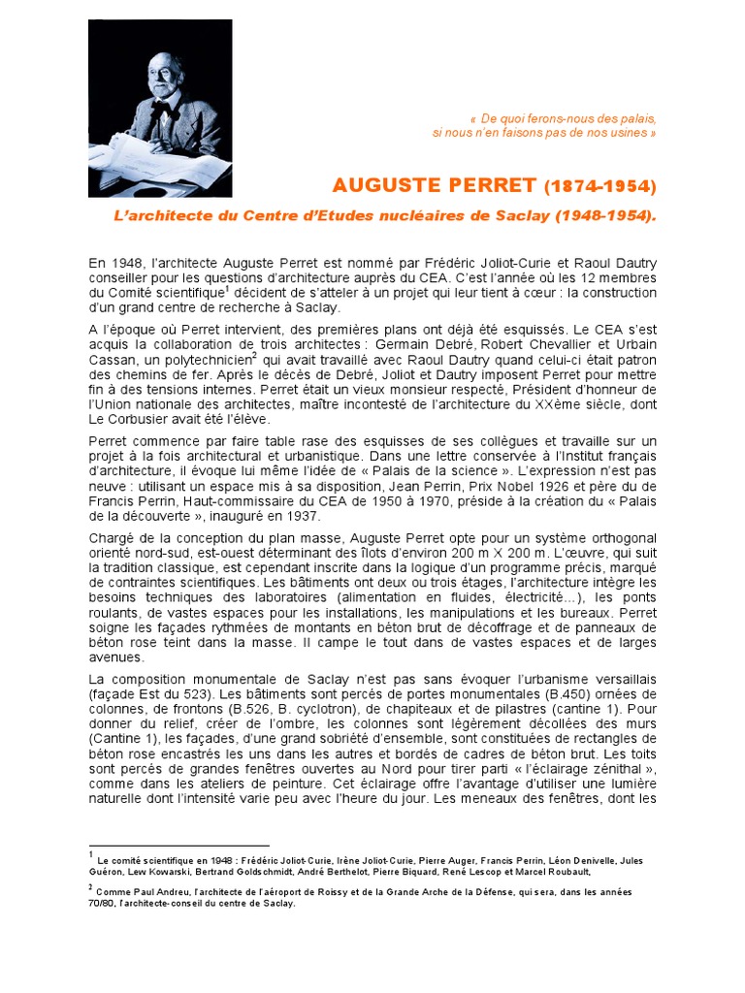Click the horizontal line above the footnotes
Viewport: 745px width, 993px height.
(x=178, y=846)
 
